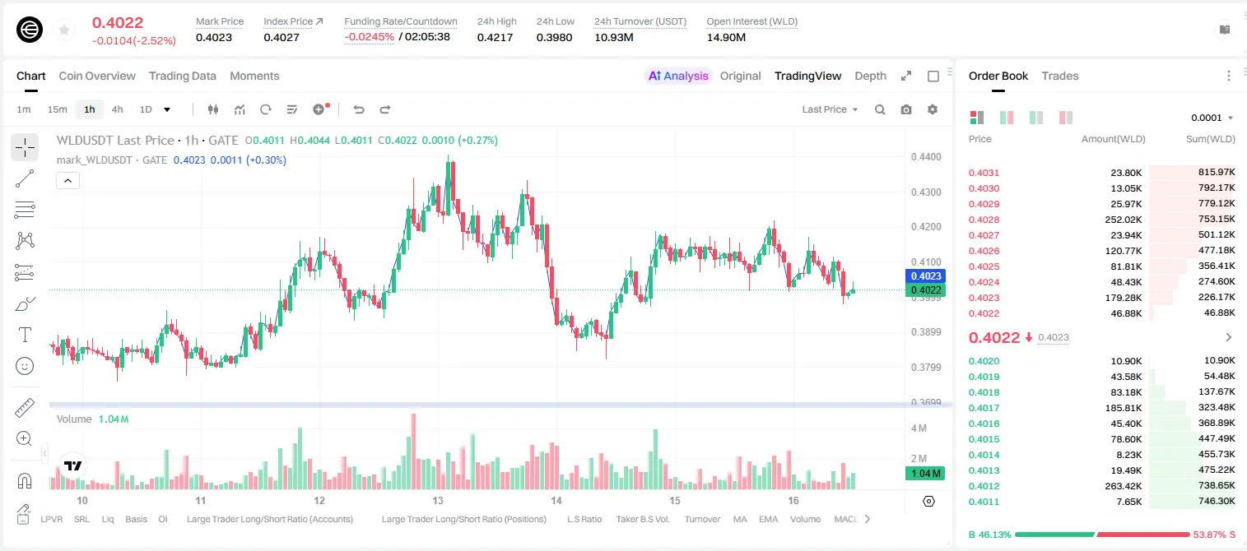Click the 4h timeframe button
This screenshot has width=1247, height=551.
(x=117, y=109)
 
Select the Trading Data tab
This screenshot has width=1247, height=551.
(x=182, y=76)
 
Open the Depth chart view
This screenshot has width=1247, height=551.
(x=870, y=76)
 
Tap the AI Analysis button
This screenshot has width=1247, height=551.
(x=678, y=76)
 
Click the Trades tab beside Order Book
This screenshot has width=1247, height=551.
(x=1060, y=76)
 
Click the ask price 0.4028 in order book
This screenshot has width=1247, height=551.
(x=984, y=220)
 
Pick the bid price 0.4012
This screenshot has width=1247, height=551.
(x=984, y=486)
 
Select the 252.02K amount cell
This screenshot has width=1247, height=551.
(x=1123, y=220)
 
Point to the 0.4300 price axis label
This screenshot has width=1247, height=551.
(x=926, y=192)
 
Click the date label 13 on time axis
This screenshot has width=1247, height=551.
(x=438, y=500)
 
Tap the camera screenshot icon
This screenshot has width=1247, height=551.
(x=906, y=109)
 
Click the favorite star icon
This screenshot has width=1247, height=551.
(x=64, y=30)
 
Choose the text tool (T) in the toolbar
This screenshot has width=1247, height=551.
(x=25, y=335)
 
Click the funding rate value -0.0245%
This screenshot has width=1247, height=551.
(x=369, y=37)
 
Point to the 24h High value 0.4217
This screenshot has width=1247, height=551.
(x=495, y=37)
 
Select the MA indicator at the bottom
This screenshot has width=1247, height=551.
(x=740, y=519)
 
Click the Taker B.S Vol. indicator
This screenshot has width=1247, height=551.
(x=642, y=519)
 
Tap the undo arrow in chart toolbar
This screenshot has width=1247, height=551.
(x=359, y=109)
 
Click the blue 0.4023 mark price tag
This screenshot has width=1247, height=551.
(x=925, y=275)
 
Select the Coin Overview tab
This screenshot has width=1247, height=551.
(x=97, y=76)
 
